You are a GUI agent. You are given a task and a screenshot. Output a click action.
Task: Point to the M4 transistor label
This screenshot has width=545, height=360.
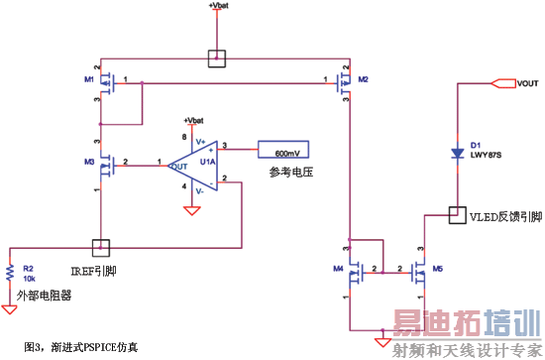click(339, 267)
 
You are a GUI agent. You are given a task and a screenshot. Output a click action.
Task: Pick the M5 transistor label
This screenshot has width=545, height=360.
click(436, 267)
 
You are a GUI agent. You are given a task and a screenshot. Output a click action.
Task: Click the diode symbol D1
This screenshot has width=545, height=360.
click(457, 154)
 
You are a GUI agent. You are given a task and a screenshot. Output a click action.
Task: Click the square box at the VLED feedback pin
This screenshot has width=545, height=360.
click(457, 213)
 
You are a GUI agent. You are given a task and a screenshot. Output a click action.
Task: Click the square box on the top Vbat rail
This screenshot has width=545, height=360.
click(217, 59)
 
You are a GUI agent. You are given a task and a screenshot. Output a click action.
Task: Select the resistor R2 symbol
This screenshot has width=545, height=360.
click(10, 274)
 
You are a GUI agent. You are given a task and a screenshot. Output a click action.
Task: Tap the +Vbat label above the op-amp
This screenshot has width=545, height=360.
click(194, 120)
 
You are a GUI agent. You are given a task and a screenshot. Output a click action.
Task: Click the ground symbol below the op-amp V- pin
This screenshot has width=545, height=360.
click(188, 209)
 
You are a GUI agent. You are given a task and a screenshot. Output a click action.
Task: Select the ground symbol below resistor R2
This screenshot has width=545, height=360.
click(10, 308)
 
